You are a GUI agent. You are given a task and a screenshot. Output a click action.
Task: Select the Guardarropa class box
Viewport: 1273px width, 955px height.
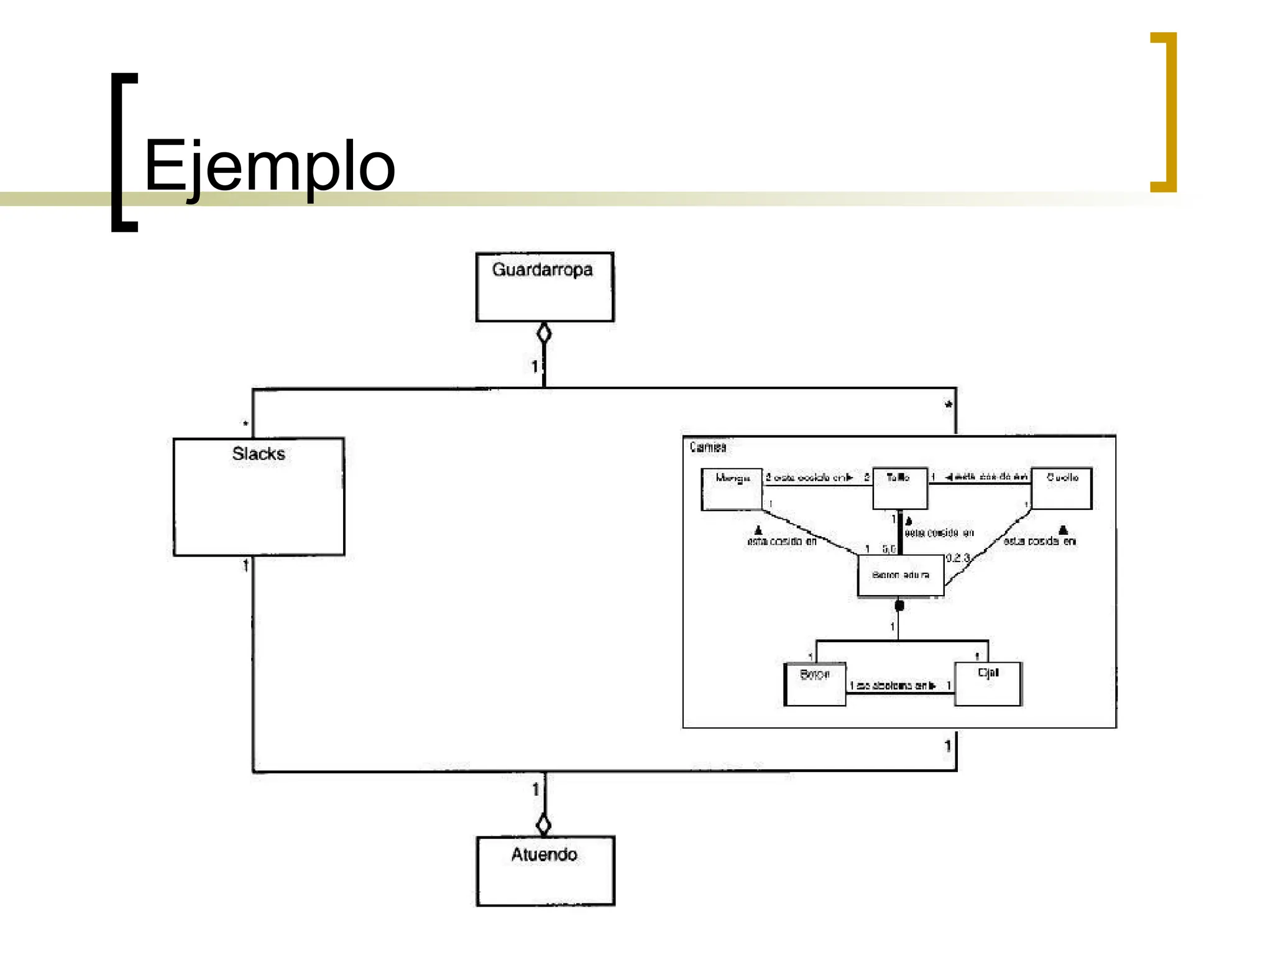pyautogui.click(x=544, y=287)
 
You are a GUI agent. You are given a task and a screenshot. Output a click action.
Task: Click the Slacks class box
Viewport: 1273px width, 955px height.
pyautogui.click(x=259, y=496)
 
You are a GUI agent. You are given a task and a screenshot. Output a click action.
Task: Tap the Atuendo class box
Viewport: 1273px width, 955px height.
pyautogui.click(x=545, y=870)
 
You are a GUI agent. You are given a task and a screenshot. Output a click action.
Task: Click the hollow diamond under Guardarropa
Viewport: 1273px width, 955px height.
pyautogui.click(x=544, y=334)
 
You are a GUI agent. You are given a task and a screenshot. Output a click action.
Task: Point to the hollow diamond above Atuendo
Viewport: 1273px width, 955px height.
pyautogui.click(x=544, y=824)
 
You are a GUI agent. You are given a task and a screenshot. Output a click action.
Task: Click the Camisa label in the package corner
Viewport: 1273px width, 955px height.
pyautogui.click(x=707, y=447)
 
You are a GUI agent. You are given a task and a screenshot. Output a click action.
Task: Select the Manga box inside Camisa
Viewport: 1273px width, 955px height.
pyautogui.click(x=732, y=489)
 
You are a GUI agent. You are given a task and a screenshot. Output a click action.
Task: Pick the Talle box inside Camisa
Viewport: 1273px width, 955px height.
pyautogui.click(x=899, y=488)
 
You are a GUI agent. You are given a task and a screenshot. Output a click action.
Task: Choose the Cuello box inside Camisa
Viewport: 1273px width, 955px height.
pyautogui.click(x=1061, y=488)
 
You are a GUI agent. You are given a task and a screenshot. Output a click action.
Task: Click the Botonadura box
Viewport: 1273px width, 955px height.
pyautogui.click(x=900, y=576)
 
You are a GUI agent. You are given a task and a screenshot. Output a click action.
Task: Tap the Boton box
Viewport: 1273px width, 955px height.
pyautogui.click(x=814, y=685)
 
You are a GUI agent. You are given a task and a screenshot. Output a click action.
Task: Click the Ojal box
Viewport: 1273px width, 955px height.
pyautogui.click(x=988, y=684)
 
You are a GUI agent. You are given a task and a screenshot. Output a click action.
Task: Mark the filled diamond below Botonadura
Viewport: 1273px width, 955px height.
pyautogui.click(x=899, y=605)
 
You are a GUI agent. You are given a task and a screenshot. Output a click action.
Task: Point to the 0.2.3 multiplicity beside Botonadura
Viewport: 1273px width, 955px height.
pyautogui.click(x=958, y=558)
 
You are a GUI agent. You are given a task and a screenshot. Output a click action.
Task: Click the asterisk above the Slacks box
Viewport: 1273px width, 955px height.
pyautogui.click(x=246, y=424)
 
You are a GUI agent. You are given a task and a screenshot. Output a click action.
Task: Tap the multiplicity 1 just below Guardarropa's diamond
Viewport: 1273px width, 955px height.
pyautogui.click(x=534, y=367)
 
